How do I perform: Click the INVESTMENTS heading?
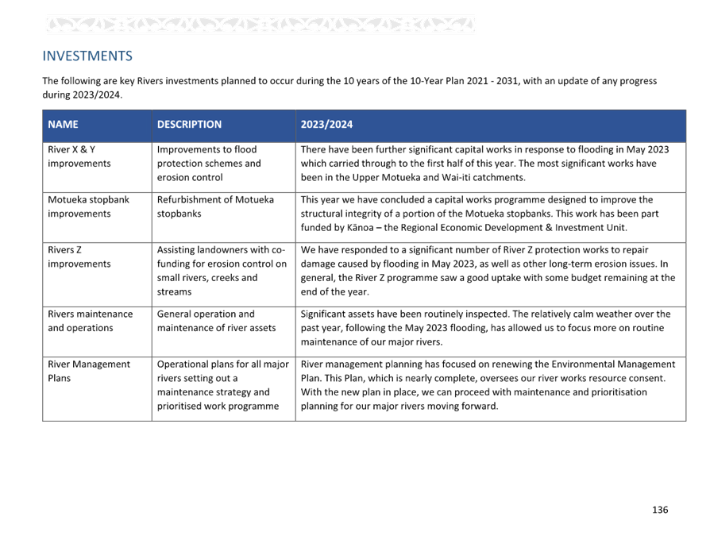tap(87, 56)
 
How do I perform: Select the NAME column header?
tap(63, 125)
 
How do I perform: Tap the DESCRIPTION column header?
tap(189, 125)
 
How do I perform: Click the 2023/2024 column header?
tap(326, 125)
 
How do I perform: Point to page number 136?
tap(660, 510)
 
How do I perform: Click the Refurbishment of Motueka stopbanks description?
tap(215, 206)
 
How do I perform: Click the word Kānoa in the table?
tap(360, 228)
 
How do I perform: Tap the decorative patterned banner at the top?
tap(260, 25)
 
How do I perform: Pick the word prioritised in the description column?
tap(179, 406)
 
